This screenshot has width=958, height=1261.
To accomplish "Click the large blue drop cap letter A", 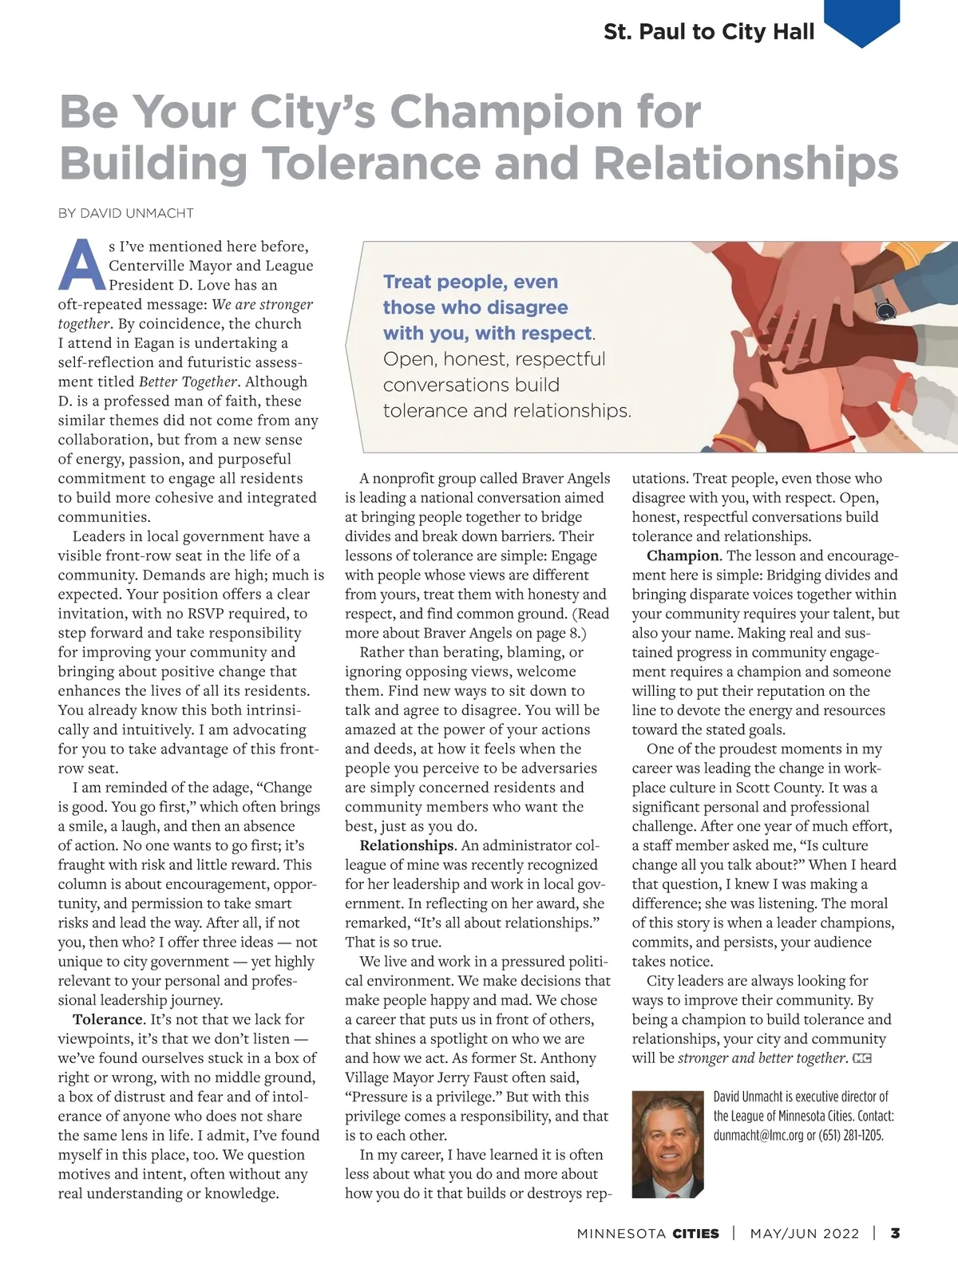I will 81,265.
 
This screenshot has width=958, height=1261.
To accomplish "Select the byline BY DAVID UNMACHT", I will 125,213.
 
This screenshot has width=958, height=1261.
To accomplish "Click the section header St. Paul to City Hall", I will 709,32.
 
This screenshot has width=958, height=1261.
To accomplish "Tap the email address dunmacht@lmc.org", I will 757,1135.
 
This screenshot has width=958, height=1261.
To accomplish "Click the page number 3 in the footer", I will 896,1233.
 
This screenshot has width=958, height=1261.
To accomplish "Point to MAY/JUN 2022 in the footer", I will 805,1233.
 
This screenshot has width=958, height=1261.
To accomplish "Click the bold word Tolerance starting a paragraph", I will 108,1019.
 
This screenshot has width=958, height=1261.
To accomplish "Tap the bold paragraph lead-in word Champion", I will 683,555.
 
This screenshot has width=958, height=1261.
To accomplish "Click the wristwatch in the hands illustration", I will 884,309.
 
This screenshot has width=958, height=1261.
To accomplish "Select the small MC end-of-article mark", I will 862,1058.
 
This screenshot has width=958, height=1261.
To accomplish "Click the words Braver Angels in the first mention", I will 566,478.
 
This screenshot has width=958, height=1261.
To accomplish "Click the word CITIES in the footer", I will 695,1233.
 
